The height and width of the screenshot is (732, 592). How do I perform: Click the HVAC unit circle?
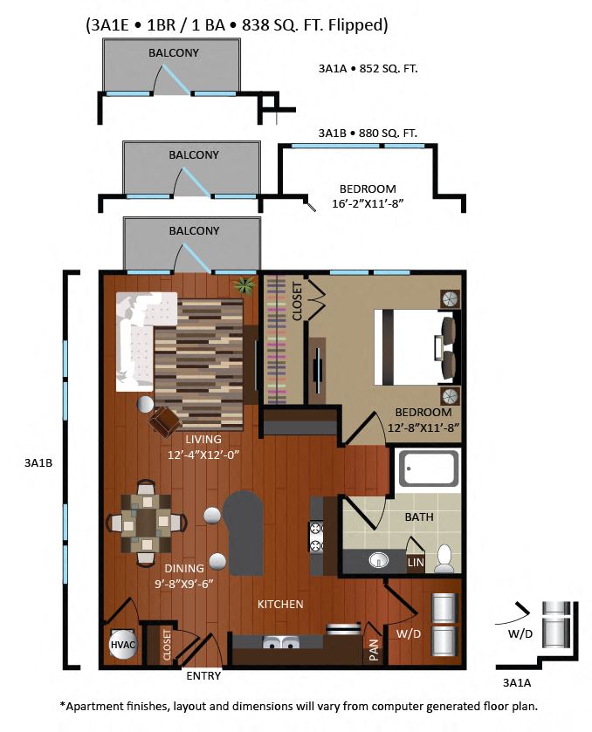tap(120, 646)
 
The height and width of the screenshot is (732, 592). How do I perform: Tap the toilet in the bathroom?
tap(444, 556)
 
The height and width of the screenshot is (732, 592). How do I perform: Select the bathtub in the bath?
tap(429, 471)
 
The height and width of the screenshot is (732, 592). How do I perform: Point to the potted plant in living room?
tap(243, 284)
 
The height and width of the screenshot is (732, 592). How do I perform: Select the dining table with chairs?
tap(146, 523)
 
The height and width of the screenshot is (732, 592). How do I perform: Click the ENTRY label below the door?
tap(203, 675)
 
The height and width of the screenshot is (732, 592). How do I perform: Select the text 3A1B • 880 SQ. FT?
tap(367, 133)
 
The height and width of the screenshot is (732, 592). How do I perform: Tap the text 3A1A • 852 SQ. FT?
tap(367, 67)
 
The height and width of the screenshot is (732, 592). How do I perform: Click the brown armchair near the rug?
tap(165, 421)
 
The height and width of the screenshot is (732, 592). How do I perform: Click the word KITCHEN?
tap(279, 604)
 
